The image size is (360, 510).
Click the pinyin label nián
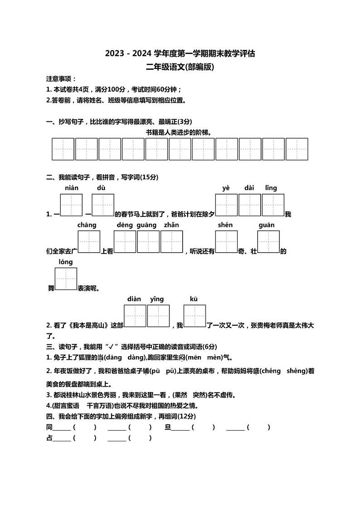coord(72,188)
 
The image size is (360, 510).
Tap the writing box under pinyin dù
coord(103,205)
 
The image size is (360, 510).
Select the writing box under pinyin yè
coord(226,205)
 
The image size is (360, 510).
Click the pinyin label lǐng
coord(271,188)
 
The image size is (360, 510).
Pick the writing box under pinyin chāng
coord(89,242)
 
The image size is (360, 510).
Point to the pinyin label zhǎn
coord(171,225)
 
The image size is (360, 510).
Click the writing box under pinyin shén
coord(226,242)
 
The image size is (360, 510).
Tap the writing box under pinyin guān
coord(268,242)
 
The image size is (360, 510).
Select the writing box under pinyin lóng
coord(66,279)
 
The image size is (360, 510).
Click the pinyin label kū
coord(194,299)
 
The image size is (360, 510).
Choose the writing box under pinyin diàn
coord(135,316)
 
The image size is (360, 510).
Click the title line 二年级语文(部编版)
coord(180,67)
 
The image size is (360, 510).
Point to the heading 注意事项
coord(61,79)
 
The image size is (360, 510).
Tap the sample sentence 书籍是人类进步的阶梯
coord(179,132)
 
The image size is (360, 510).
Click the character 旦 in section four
coord(167,427)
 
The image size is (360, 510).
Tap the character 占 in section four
coord(49,438)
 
